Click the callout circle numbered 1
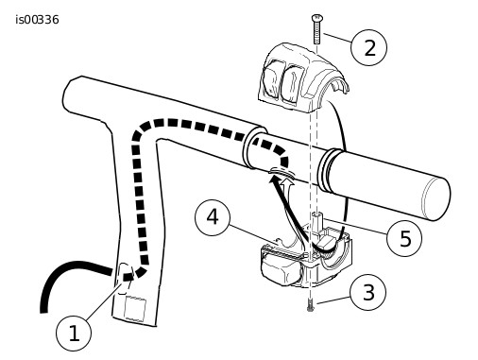(74, 334)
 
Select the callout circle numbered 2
(369, 47)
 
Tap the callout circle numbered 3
(367, 293)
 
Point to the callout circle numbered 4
(213, 217)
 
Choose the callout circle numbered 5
(404, 238)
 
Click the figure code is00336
(37, 20)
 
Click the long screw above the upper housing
(316, 29)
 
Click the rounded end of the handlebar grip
(435, 198)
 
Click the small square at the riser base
(135, 308)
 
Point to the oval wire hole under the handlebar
(281, 172)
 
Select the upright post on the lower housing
(317, 222)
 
